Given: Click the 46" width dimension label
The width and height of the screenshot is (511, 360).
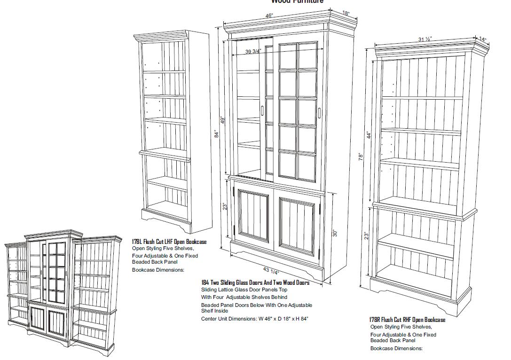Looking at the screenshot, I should pyautogui.click(x=269, y=16).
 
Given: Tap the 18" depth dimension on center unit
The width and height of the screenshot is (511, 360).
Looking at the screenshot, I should pyautogui.click(x=346, y=13).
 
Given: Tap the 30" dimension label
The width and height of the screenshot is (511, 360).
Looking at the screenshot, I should pyautogui.click(x=335, y=233).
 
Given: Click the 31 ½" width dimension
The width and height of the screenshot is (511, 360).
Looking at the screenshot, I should pyautogui.click(x=425, y=39).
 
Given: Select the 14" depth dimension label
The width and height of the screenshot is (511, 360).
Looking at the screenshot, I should pyautogui.click(x=483, y=39).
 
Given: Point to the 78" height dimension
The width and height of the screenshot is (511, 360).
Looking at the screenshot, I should pyautogui.click(x=361, y=156).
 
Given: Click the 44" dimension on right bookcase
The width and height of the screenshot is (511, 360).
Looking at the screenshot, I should pyautogui.click(x=369, y=135).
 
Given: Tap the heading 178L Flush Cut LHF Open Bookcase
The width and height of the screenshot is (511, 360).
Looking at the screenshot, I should pyautogui.click(x=169, y=242).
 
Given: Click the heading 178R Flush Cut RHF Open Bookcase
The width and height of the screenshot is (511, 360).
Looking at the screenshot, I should pyautogui.click(x=407, y=320).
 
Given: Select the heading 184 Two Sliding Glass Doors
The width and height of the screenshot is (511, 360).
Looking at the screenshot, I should pyautogui.click(x=255, y=282).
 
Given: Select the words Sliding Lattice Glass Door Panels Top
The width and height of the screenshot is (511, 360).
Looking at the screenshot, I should pyautogui.click(x=244, y=290).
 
